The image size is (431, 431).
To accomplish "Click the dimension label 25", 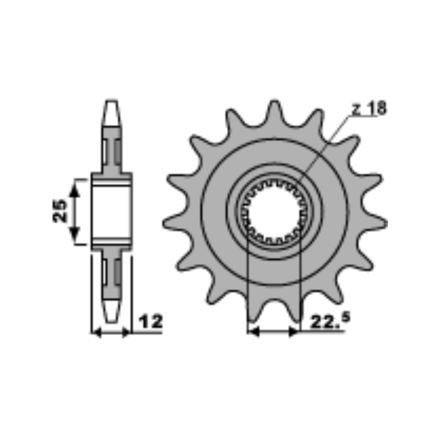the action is pos(60,211).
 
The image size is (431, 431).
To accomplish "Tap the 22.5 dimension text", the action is pos(330,320).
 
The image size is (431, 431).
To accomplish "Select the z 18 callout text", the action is pos(369,108).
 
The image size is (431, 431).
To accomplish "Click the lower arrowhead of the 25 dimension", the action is pos(75,234).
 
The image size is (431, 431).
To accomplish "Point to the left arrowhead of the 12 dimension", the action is pos(97,333).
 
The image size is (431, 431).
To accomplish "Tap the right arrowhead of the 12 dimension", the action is pos(126,333).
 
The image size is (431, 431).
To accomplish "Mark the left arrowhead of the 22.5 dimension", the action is pos(253,332).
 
